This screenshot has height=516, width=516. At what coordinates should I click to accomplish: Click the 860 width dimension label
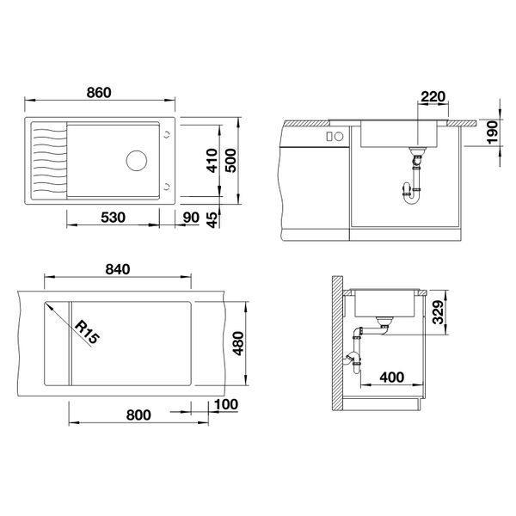[x=99, y=93]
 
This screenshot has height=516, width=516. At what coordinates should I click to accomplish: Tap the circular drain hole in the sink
[x=137, y=161]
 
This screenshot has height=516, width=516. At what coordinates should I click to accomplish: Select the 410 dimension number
[x=212, y=161]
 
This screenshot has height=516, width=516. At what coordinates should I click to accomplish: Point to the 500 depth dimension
[x=230, y=161]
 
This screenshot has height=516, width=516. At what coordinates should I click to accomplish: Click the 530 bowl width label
[x=113, y=218]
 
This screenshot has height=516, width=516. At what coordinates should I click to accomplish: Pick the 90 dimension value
[x=191, y=218]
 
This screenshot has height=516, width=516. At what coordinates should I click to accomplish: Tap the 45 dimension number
[x=212, y=219]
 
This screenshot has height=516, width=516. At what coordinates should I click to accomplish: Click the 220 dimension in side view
[x=433, y=96]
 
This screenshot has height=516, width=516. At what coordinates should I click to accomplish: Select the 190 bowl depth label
[x=493, y=132]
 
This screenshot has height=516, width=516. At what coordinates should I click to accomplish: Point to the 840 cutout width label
[x=118, y=269]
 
